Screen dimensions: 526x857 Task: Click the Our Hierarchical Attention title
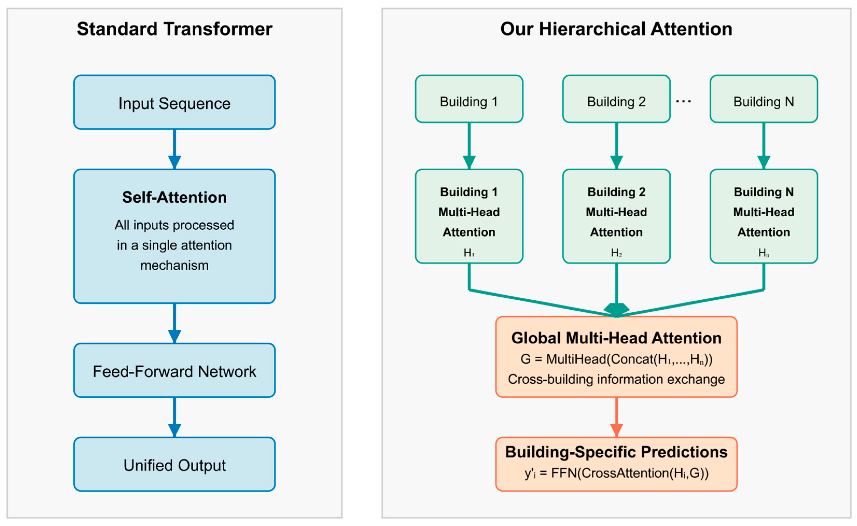click(x=616, y=29)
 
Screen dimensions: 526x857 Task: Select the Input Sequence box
click(x=174, y=103)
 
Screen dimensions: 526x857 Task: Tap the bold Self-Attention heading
click(x=174, y=197)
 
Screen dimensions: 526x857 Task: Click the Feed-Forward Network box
click(x=174, y=371)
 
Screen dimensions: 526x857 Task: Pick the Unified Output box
click(x=174, y=465)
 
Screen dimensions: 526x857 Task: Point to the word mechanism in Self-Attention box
click(x=174, y=265)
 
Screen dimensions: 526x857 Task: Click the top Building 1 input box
click(x=469, y=102)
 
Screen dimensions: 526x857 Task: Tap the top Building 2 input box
click(x=616, y=102)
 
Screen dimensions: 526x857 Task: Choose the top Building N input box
click(x=763, y=102)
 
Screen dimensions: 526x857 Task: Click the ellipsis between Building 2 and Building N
click(x=683, y=102)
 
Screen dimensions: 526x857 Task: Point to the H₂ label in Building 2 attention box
click(x=616, y=253)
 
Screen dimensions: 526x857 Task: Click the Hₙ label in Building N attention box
click(x=763, y=253)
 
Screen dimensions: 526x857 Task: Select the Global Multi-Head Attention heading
click(x=616, y=338)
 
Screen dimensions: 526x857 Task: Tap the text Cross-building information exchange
click(x=616, y=379)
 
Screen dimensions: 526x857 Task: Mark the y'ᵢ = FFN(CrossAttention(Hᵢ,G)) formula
click(x=616, y=473)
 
